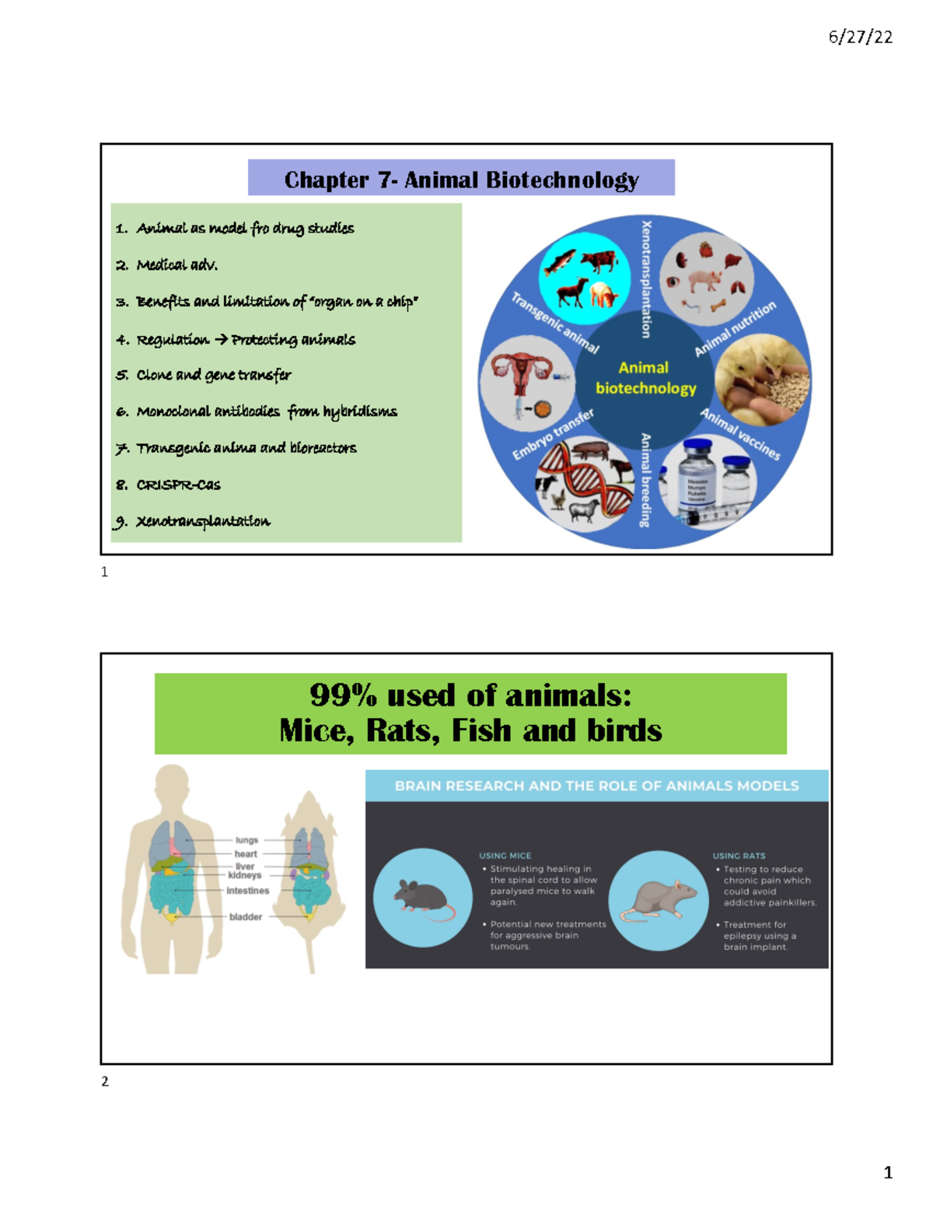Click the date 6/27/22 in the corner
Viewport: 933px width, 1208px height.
click(860, 37)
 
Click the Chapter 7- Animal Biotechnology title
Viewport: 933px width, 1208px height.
click(461, 180)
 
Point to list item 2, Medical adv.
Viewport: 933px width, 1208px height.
click(176, 265)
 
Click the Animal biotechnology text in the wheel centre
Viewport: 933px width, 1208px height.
click(645, 378)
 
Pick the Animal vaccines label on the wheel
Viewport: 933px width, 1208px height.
click(740, 434)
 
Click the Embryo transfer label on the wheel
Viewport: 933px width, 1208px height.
click(553, 435)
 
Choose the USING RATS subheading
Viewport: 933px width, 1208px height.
click(739, 856)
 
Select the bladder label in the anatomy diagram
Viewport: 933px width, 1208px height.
click(246, 917)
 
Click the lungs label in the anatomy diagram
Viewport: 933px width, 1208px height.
click(246, 840)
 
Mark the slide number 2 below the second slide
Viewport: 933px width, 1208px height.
click(105, 1081)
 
